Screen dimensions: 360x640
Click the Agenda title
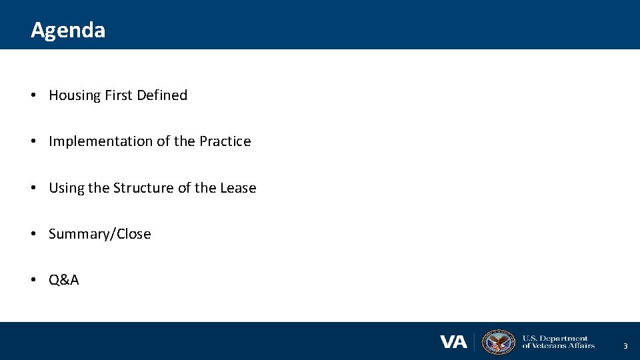68,30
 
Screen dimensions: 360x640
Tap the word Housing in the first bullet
74,95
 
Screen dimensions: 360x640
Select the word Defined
162,95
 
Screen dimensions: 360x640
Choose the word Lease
238,188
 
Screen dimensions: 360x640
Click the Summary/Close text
100,234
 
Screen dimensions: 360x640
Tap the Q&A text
64,280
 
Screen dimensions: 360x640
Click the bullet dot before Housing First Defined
33,96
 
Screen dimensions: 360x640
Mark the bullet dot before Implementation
33,142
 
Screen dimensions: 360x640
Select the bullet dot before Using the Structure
33,189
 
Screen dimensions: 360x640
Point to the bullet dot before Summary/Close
33,235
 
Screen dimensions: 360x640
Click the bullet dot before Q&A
33,281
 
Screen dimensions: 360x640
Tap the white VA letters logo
453,342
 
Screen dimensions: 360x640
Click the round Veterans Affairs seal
498,342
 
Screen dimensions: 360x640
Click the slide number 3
625,346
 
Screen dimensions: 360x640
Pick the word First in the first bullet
119,95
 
